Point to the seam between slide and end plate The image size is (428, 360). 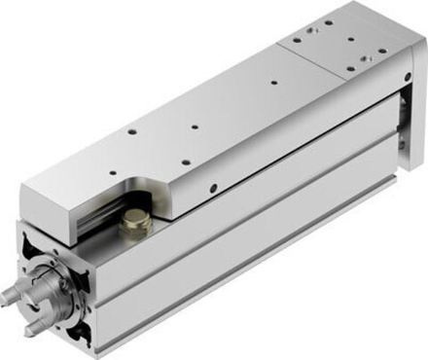tap(292, 58)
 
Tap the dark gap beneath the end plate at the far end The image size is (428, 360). tap(401, 136)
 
